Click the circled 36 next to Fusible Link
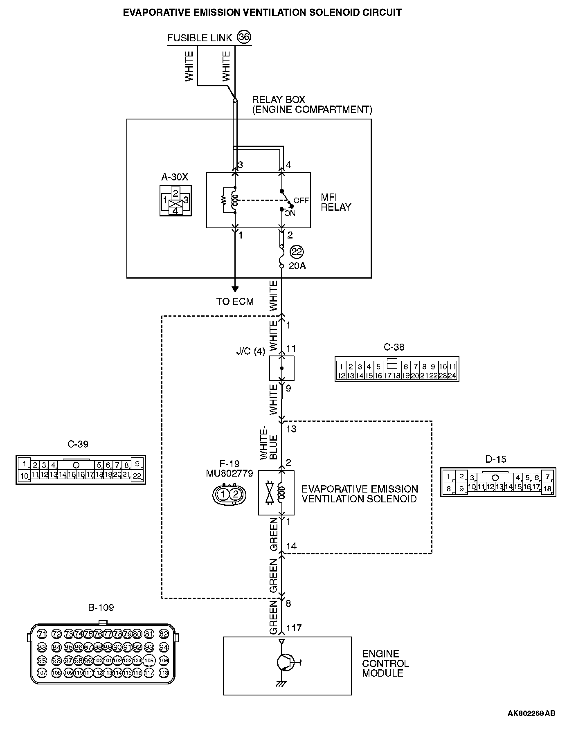pos(244,37)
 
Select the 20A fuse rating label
pos(297,266)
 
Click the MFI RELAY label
pos(336,202)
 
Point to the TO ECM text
pos(235,301)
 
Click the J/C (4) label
pos(250,351)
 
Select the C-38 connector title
pos(394,347)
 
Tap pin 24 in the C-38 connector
pos(452,376)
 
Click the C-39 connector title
pos(78,444)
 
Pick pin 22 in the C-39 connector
pos(137,476)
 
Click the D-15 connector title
pos(496,459)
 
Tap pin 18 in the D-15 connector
pos(547,488)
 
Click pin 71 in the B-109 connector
pos(42,634)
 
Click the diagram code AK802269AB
pos(531,713)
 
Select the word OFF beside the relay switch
pos(301,200)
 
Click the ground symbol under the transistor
pos(281,684)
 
